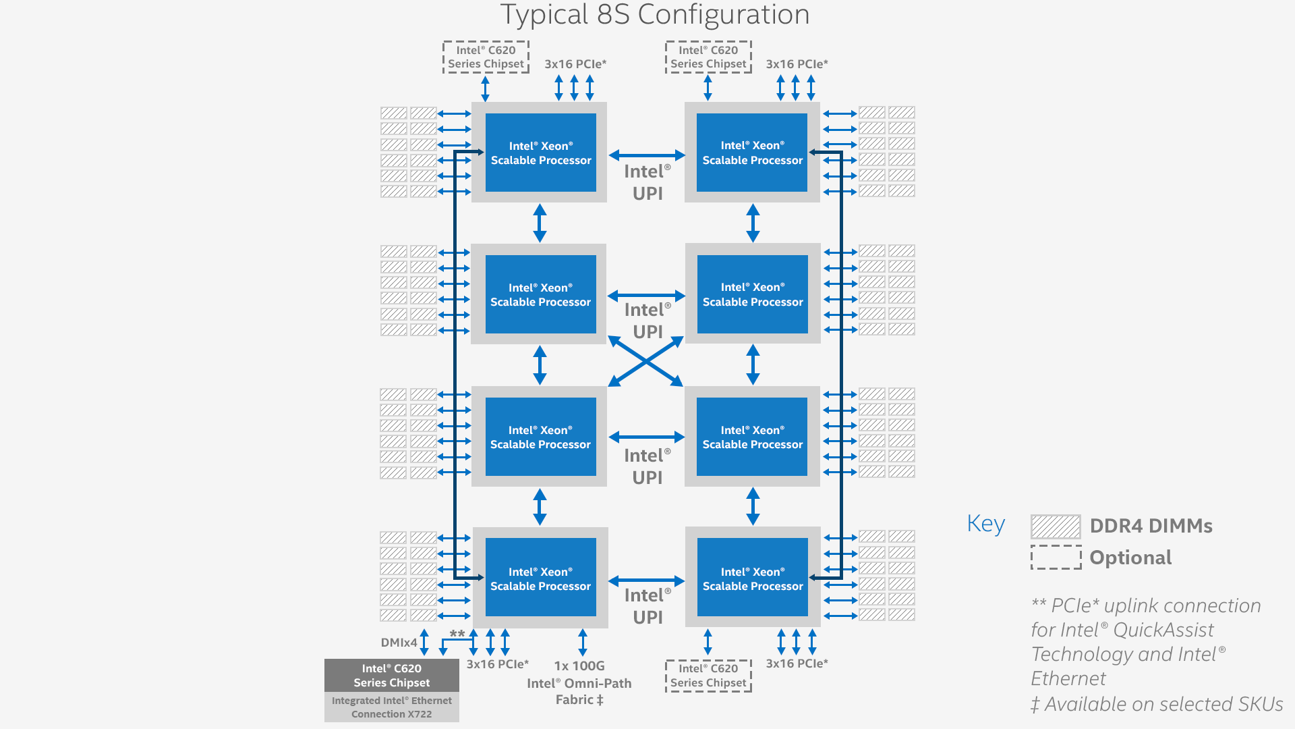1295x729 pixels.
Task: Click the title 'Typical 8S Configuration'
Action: pyautogui.click(x=654, y=15)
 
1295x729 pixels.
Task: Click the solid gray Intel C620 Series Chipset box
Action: pyautogui.click(x=391, y=675)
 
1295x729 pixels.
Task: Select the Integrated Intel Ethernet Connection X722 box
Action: pyautogui.click(x=391, y=707)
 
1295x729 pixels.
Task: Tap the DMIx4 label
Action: pyautogui.click(x=399, y=643)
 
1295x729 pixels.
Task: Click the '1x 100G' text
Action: pyautogui.click(x=579, y=666)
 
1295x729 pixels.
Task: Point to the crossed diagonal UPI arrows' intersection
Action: pyautogui.click(x=646, y=362)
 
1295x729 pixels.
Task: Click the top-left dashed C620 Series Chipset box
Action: pyautogui.click(x=486, y=57)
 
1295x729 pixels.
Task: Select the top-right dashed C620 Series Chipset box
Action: pyautogui.click(x=708, y=57)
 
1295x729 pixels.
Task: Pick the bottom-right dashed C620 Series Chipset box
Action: pyautogui.click(x=708, y=676)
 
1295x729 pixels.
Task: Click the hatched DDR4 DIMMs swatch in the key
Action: pyautogui.click(x=1056, y=526)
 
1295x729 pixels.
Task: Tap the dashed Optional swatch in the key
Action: pyautogui.click(x=1056, y=558)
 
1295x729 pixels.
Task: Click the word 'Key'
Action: pyautogui.click(x=985, y=524)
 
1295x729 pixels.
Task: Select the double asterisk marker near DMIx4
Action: pyautogui.click(x=457, y=634)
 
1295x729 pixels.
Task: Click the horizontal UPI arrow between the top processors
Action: pyautogui.click(x=646, y=155)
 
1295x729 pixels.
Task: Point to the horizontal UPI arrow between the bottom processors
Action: pyautogui.click(x=646, y=580)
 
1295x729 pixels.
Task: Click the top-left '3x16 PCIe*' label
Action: pyautogui.click(x=575, y=64)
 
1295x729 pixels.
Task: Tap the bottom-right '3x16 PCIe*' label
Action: pyautogui.click(x=797, y=664)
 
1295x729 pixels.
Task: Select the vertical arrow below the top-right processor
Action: pyautogui.click(x=753, y=223)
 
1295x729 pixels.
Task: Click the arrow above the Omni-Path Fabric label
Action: pyautogui.click(x=583, y=642)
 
